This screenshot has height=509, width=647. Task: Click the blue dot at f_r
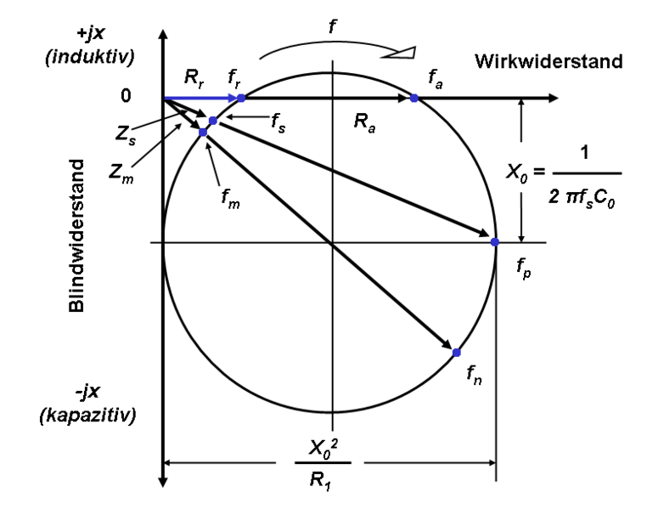241,99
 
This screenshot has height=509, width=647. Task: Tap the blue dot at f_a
414,99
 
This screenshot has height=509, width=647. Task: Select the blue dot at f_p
495,243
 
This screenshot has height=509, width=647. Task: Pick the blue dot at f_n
456,352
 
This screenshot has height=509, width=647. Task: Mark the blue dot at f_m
202,133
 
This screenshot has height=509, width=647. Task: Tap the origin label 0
126,97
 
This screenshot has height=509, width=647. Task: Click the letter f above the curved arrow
334,24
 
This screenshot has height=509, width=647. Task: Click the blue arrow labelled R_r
200,99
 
